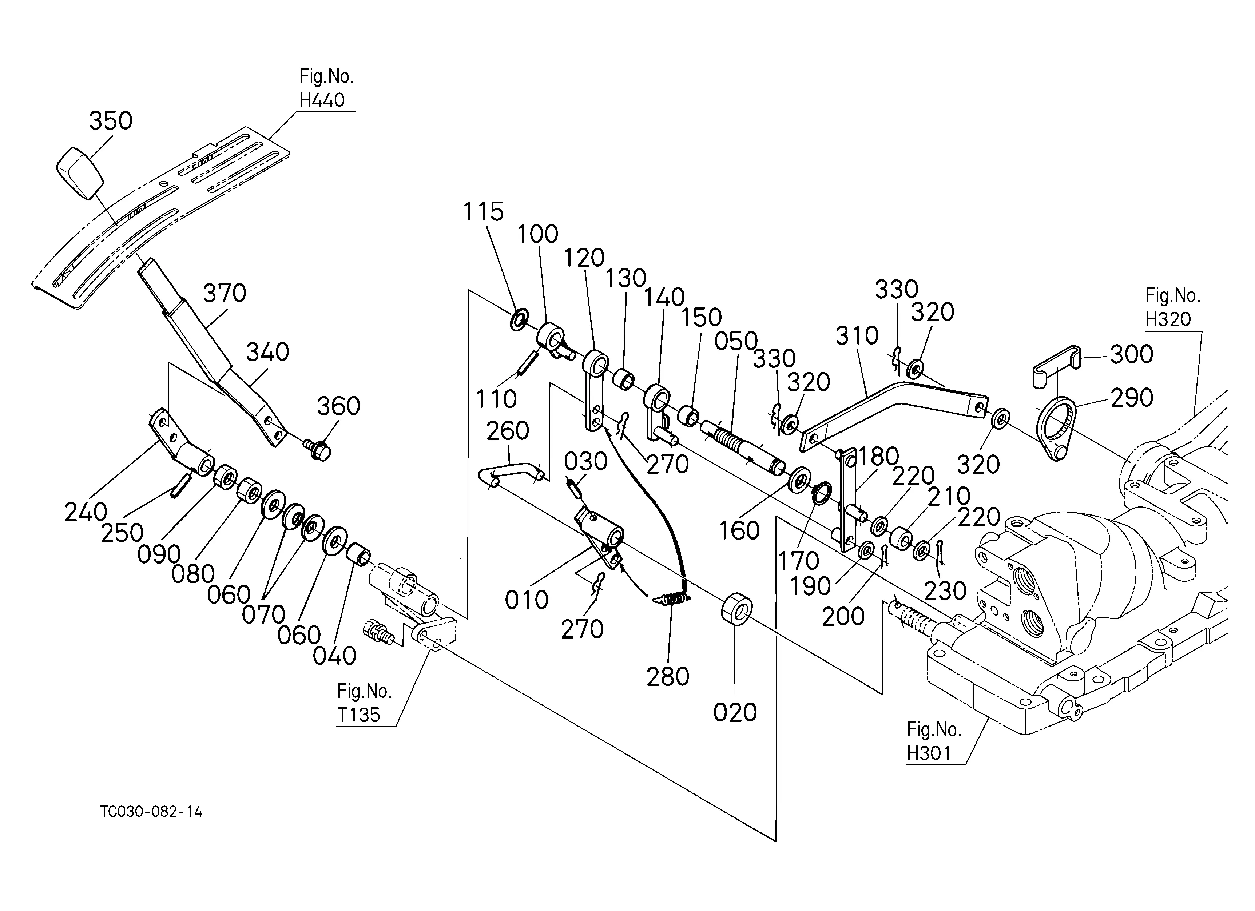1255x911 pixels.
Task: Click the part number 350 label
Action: (111, 120)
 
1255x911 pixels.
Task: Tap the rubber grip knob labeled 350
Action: (80, 172)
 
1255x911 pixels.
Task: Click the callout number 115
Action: (483, 211)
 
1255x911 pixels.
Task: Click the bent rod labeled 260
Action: (512, 474)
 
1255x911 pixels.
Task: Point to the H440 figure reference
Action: (322, 100)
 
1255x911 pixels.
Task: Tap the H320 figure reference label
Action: (1168, 319)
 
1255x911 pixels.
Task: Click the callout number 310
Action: (857, 335)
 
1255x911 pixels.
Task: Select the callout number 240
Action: (86, 512)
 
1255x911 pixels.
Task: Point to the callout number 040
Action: (334, 656)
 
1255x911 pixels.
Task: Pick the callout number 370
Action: (225, 293)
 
